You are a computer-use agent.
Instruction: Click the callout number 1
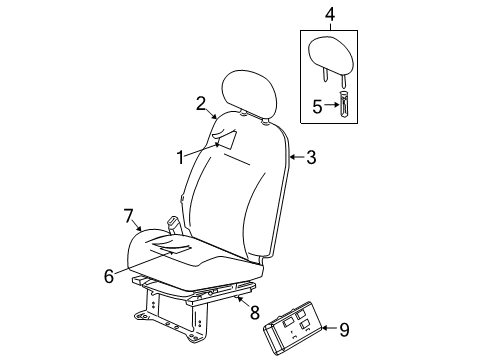pyautogui.click(x=180, y=158)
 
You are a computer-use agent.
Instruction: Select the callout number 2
pyautogui.click(x=201, y=103)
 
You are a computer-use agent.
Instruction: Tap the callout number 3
pyautogui.click(x=311, y=157)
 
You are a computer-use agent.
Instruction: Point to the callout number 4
pyautogui.click(x=329, y=14)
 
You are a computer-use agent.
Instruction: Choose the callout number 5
pyautogui.click(x=318, y=106)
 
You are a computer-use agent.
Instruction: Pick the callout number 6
pyautogui.click(x=109, y=276)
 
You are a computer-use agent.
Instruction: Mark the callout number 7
pyautogui.click(x=129, y=216)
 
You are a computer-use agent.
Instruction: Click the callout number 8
pyautogui.click(x=255, y=313)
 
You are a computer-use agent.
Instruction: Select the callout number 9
pyautogui.click(x=344, y=329)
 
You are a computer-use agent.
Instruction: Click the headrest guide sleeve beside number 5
pyautogui.click(x=343, y=103)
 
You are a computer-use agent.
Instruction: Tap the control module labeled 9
pyautogui.click(x=292, y=327)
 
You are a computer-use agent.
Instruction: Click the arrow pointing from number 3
pyautogui.click(x=298, y=157)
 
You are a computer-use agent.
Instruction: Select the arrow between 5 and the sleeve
pyautogui.click(x=332, y=105)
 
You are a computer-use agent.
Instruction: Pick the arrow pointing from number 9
pyautogui.click(x=331, y=328)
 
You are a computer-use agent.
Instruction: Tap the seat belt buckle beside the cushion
pyautogui.click(x=174, y=225)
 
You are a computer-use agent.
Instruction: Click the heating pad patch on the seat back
pyautogui.click(x=225, y=138)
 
